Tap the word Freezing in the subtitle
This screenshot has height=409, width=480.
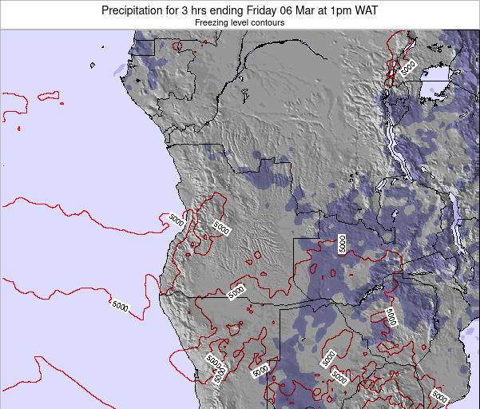coord(212,23)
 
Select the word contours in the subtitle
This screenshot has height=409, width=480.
coord(267,23)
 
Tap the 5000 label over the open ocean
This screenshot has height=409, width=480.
coord(120,305)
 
